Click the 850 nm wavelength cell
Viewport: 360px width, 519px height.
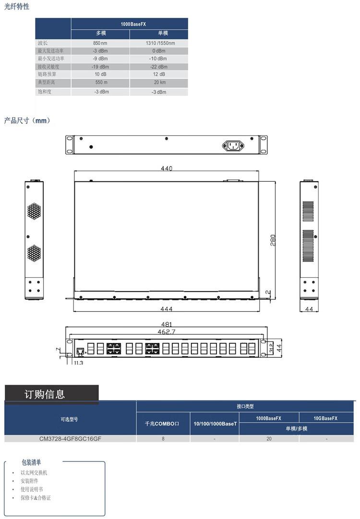100,43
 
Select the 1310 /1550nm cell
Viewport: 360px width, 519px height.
160,43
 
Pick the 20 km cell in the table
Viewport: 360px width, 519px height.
160,82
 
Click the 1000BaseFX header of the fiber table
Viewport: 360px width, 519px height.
133,24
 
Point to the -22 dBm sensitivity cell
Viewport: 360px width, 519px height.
158,67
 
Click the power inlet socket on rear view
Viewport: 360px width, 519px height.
233,145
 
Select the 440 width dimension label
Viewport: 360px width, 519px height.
166,168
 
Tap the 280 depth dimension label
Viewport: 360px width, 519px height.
273,240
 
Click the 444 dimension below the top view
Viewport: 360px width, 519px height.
166,309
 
